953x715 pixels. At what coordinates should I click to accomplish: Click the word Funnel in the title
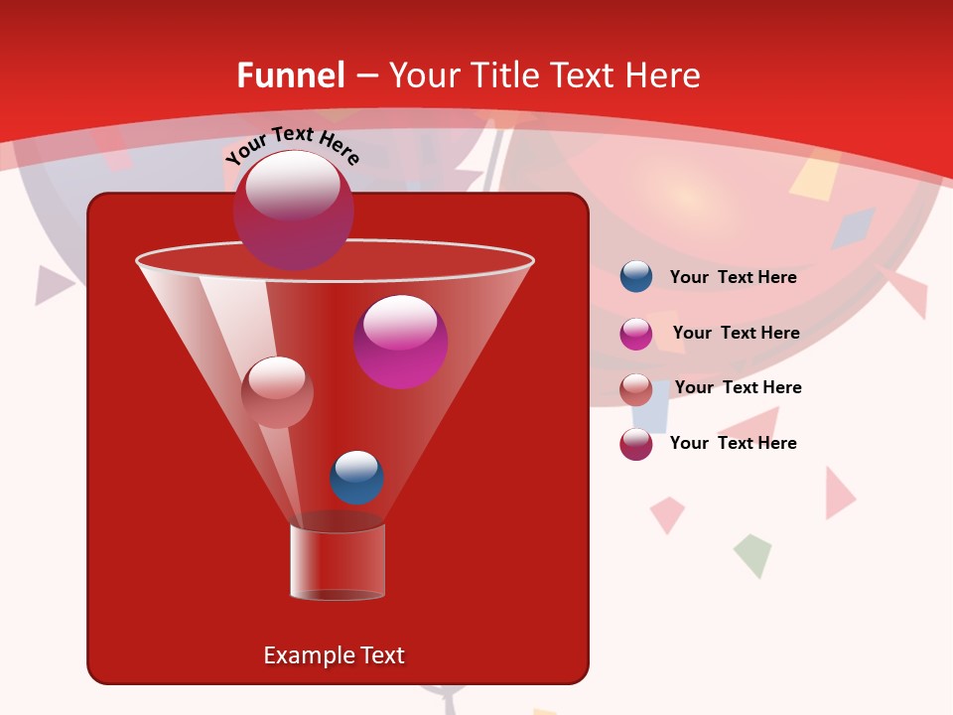click(x=291, y=75)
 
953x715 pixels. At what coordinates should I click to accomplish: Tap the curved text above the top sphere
click(x=293, y=145)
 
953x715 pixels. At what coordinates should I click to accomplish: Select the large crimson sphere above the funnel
click(x=293, y=210)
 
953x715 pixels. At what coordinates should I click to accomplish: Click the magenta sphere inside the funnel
click(x=401, y=342)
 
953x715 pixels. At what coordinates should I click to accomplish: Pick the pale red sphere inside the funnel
click(x=277, y=392)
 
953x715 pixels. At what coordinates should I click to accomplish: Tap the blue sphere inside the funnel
click(x=356, y=477)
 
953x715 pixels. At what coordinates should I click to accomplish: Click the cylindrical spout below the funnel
click(x=338, y=562)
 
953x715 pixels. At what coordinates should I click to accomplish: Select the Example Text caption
click(x=335, y=655)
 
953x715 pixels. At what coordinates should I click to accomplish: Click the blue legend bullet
click(x=636, y=277)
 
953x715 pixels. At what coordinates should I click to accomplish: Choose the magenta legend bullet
click(x=636, y=334)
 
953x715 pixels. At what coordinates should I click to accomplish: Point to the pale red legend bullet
click(x=636, y=389)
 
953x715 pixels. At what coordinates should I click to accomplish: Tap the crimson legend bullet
click(x=636, y=444)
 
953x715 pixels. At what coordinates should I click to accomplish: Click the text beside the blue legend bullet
click(x=733, y=277)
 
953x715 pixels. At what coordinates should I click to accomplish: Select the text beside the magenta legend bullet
click(x=736, y=333)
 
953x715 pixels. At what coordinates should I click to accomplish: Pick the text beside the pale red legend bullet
click(x=738, y=387)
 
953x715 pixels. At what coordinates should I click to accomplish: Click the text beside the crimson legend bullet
click(x=733, y=443)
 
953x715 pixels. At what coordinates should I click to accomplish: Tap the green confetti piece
click(x=752, y=555)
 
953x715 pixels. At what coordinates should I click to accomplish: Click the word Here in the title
click(x=662, y=75)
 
